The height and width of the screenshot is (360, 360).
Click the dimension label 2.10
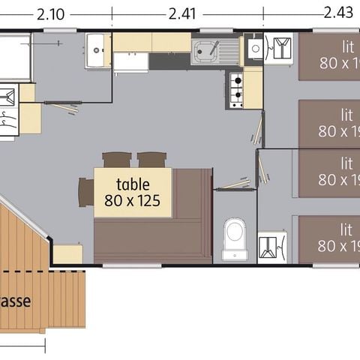point(50,13)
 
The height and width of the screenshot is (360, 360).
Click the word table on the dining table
point(133,184)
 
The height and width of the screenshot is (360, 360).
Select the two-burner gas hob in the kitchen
point(235,89)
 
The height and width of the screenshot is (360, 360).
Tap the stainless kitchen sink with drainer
point(214,51)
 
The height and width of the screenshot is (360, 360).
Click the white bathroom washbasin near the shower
point(98,49)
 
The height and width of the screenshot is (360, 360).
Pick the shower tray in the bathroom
point(15,55)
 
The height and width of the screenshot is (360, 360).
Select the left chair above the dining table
point(116,159)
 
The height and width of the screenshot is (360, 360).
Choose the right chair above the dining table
point(151,159)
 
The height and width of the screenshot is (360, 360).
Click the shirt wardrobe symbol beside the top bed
point(281,49)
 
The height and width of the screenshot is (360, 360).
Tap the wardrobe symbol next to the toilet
point(271,245)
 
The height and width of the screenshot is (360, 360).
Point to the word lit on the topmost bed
point(346,43)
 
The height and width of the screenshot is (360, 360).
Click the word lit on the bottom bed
point(346,229)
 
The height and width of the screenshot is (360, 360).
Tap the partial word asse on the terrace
point(16,301)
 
